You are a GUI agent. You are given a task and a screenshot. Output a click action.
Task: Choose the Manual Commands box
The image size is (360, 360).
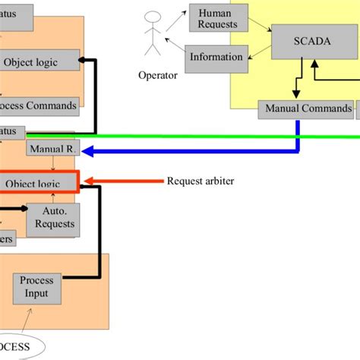coord(308,109)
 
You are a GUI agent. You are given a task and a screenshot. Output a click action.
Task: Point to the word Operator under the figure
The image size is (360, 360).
coord(158,75)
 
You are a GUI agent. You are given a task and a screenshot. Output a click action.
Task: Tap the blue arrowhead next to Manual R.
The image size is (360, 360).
coord(88,151)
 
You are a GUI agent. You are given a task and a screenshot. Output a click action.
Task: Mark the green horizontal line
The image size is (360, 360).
coord(190,136)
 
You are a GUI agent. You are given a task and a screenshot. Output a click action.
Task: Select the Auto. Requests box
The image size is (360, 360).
coord(54,219)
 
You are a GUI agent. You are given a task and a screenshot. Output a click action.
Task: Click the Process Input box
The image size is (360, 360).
coord(35,288)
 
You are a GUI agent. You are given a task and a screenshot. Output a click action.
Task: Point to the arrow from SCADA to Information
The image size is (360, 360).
coord(258,52)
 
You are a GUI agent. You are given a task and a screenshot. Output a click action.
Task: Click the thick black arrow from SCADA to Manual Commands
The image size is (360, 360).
coord(302,80)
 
